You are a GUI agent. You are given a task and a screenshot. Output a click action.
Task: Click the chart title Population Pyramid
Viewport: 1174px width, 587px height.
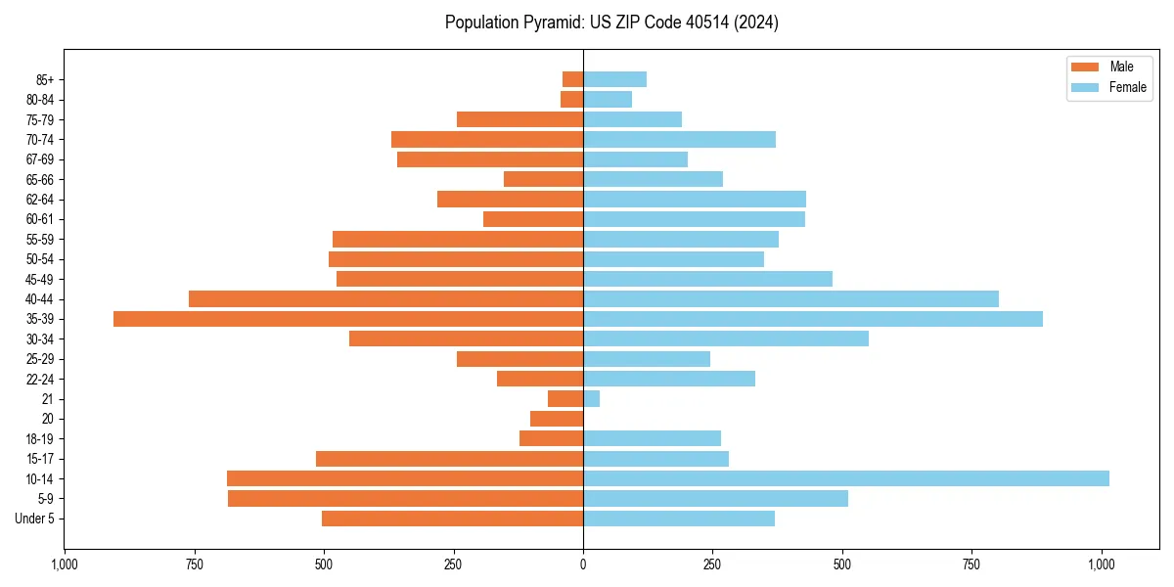(x=611, y=23)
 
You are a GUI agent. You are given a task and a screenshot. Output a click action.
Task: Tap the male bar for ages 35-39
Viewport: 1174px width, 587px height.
(x=348, y=319)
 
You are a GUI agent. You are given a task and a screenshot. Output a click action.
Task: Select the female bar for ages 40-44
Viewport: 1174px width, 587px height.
(x=790, y=298)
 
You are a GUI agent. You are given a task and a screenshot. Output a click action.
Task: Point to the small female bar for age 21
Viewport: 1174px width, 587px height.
(x=592, y=398)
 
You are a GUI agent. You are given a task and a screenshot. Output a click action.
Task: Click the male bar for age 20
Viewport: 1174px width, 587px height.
(x=557, y=419)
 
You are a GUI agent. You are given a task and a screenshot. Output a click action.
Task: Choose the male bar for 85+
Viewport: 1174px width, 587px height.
(x=573, y=79)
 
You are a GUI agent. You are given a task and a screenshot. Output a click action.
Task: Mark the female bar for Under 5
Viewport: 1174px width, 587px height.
(x=679, y=519)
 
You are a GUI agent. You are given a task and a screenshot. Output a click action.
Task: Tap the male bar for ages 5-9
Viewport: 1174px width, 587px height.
(x=405, y=499)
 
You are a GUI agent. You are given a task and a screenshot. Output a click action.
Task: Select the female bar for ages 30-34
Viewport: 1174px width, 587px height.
(x=726, y=339)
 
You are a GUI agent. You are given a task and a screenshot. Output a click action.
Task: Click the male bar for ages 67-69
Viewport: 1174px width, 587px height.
(x=490, y=159)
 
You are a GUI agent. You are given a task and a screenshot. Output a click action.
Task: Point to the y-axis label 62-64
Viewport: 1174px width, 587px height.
(x=39, y=200)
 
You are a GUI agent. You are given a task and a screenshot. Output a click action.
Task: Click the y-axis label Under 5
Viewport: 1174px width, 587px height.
(x=35, y=519)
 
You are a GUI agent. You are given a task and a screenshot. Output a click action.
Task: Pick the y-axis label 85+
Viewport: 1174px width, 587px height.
(x=44, y=79)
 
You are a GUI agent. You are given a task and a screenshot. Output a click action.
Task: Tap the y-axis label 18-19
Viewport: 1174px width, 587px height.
(x=39, y=438)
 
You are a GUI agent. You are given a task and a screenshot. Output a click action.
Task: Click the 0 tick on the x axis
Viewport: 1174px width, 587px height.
(x=583, y=564)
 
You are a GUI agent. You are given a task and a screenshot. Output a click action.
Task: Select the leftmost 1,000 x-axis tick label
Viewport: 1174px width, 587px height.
(x=65, y=564)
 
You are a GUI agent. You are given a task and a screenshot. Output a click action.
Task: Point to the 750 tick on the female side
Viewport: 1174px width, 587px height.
(x=972, y=564)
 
